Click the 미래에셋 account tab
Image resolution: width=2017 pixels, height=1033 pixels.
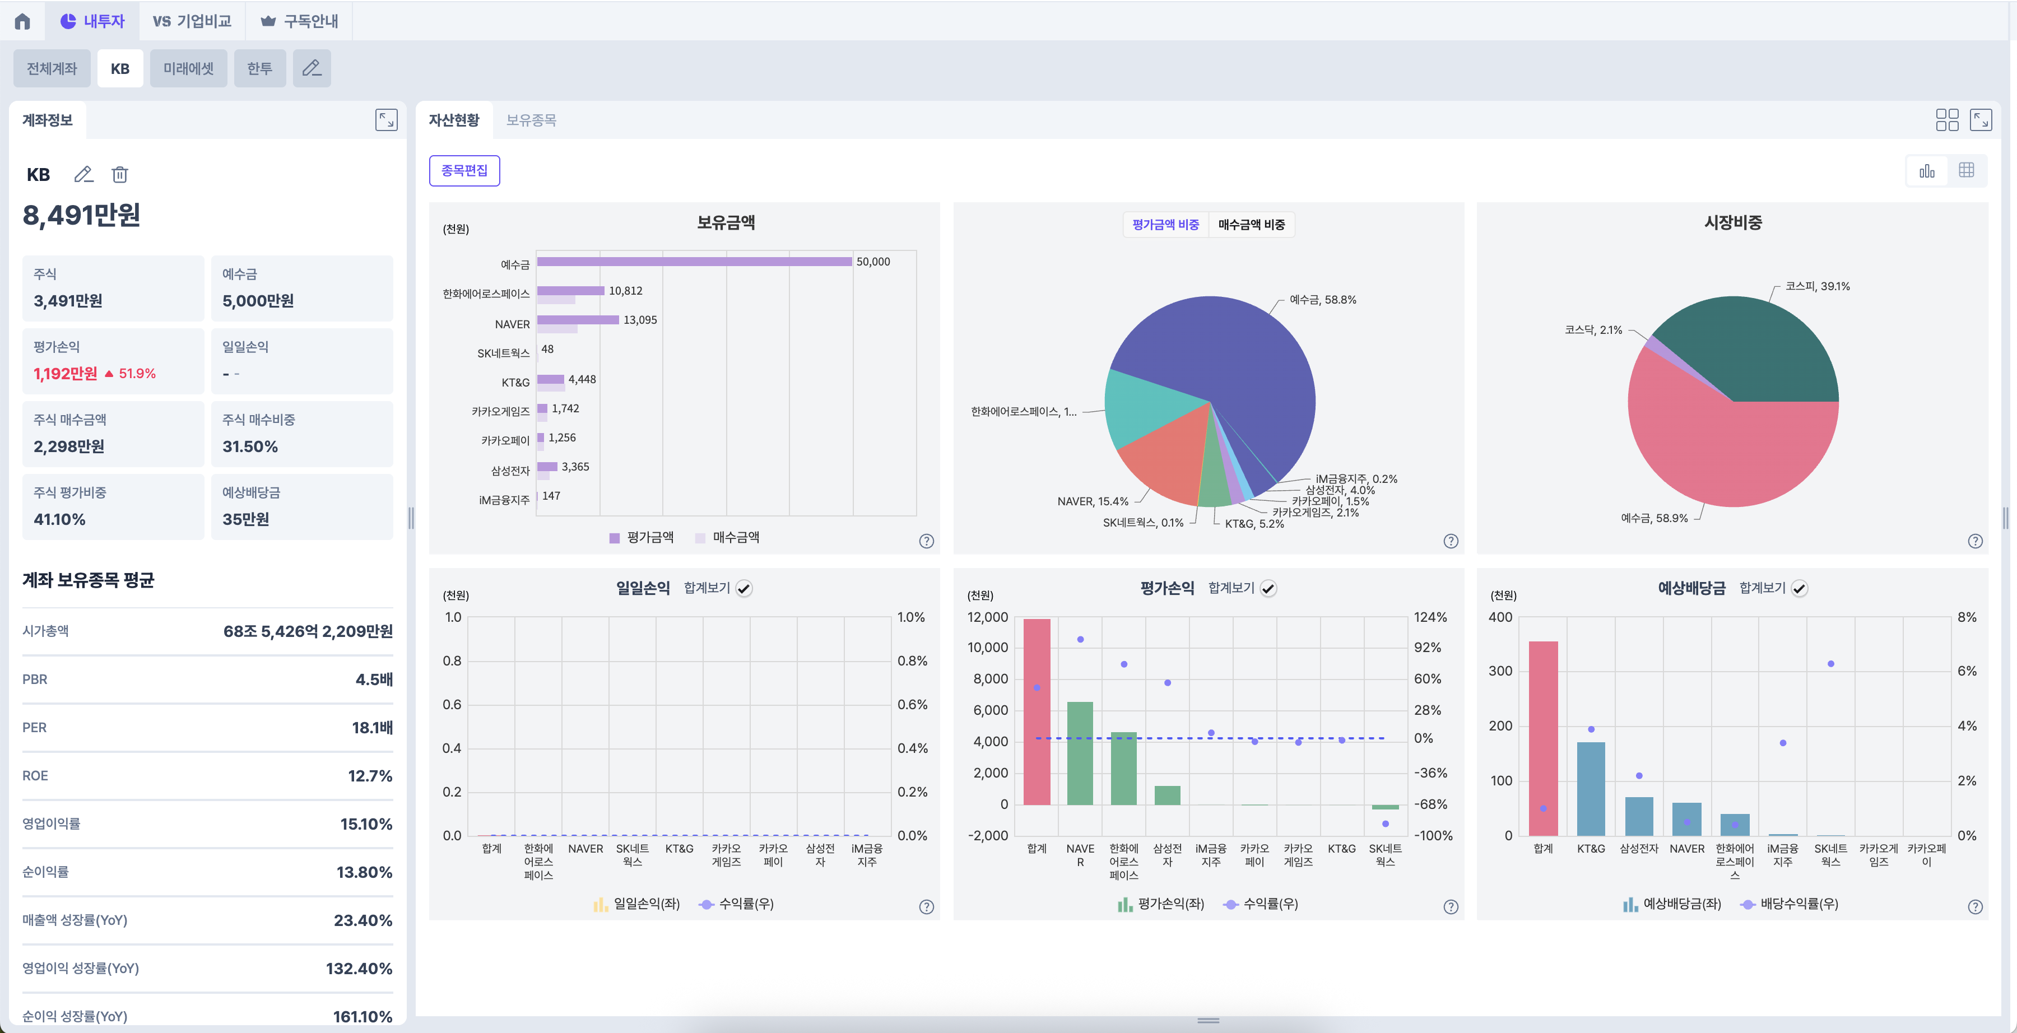pos(188,69)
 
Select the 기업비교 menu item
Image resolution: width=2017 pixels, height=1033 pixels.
pos(193,21)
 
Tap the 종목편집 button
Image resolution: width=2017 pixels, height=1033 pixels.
pos(464,171)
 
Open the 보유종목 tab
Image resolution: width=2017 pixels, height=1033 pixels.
pos(531,120)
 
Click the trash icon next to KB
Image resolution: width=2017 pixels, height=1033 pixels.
pos(120,175)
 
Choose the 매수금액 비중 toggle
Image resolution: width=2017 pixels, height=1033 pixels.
pos(1251,225)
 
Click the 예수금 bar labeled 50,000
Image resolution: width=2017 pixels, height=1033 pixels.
pos(694,262)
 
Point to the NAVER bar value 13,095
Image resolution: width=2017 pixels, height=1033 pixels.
pos(640,319)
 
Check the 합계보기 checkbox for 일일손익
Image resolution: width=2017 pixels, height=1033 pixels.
pos(744,589)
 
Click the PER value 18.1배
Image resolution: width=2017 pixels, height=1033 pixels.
pos(372,728)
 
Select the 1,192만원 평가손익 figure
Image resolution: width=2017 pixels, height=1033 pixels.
pos(66,374)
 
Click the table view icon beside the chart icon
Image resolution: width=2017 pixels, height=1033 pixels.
pos(1965,171)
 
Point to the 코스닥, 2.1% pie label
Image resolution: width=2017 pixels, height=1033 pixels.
pos(1593,330)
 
